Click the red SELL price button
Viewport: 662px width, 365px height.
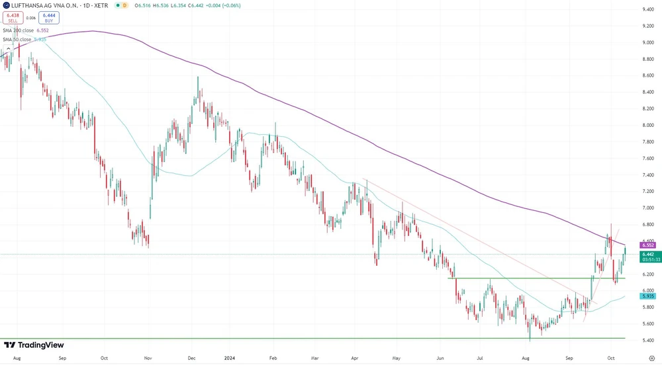click(13, 18)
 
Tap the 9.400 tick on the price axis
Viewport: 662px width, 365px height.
click(648, 9)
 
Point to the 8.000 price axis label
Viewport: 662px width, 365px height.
click(648, 125)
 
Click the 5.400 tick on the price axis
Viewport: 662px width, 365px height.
click(648, 341)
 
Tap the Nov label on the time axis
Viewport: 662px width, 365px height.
click(148, 358)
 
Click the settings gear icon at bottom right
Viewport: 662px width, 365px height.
click(649, 358)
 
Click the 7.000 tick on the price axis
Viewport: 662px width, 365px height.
click(648, 208)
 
